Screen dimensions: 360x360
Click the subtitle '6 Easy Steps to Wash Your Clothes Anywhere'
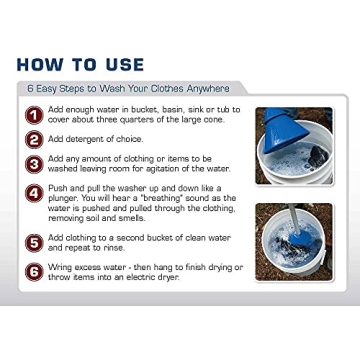tap(129, 89)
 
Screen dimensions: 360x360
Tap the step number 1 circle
tap(34, 114)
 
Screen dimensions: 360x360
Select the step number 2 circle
tap(34, 139)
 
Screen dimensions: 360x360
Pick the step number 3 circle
tap(34, 163)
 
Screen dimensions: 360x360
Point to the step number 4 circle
tap(34, 193)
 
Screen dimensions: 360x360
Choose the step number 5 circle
tap(34, 242)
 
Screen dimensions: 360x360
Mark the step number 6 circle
tap(34, 271)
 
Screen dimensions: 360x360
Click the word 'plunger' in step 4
tap(62, 198)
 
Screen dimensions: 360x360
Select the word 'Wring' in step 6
tap(59, 267)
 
